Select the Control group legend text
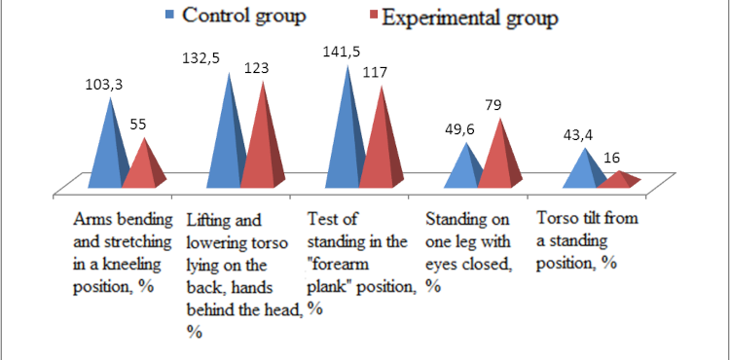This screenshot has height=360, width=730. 243,17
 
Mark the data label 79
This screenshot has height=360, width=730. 503,104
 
